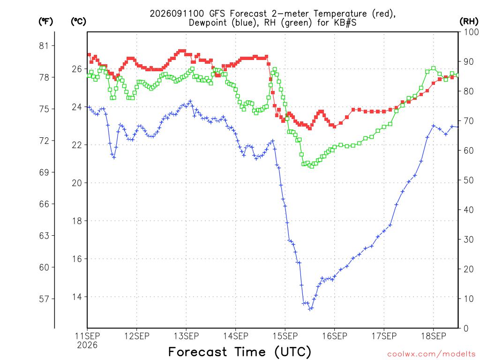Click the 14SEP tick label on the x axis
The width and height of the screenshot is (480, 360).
coord(235,336)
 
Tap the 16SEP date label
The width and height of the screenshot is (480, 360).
coord(334,336)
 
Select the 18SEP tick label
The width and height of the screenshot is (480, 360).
coord(433,336)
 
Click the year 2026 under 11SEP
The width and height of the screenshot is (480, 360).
coord(87,345)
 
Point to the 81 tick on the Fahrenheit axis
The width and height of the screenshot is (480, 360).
coord(44,46)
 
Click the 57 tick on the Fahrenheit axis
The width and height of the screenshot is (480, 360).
coord(44,299)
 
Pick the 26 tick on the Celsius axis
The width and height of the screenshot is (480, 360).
coord(77,69)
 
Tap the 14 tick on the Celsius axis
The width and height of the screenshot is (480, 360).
coord(77,297)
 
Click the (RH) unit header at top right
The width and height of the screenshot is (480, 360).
coord(469,22)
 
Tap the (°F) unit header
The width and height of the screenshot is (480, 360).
coord(45,22)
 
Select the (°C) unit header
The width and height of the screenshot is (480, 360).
coord(78,22)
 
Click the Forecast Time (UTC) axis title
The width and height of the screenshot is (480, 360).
coord(240,352)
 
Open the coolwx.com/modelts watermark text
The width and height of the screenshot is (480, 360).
coord(431,354)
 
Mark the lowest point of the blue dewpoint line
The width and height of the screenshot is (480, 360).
coord(310,309)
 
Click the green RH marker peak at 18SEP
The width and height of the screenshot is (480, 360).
coord(433,68)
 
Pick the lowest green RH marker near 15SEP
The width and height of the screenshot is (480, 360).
coord(312,166)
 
